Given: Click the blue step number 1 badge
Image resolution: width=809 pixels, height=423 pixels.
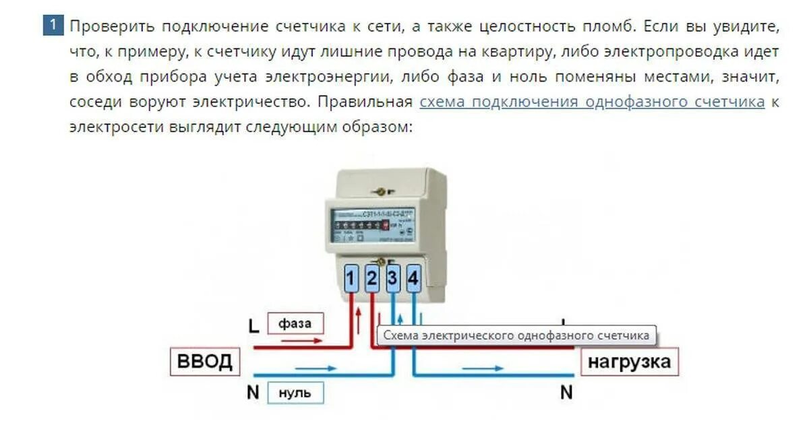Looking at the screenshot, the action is (x=53, y=26).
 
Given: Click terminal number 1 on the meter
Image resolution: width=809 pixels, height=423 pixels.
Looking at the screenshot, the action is (x=351, y=278).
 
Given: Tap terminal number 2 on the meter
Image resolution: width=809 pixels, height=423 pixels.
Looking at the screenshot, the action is (x=372, y=278).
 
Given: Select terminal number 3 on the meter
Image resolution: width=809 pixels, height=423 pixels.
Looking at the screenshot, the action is (x=393, y=278).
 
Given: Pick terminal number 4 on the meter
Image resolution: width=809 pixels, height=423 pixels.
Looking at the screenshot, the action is (x=414, y=278).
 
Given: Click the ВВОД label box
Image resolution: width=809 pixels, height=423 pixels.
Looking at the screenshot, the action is (x=204, y=362).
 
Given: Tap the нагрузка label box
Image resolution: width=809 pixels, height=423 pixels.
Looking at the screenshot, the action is (x=629, y=362).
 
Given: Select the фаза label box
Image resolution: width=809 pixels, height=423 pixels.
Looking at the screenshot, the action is (x=295, y=323).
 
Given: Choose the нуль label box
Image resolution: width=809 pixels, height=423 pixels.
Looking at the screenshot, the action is (x=295, y=393).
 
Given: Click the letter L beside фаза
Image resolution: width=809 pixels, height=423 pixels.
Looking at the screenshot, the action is (x=253, y=327).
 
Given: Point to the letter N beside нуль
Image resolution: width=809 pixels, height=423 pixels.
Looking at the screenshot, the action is (x=253, y=393).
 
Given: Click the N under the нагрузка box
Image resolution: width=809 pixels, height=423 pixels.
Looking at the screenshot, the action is (x=566, y=391).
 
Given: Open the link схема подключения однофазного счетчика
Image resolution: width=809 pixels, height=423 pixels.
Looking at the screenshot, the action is (x=592, y=102).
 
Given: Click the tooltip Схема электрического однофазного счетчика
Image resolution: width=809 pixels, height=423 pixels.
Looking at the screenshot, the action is (x=516, y=335).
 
